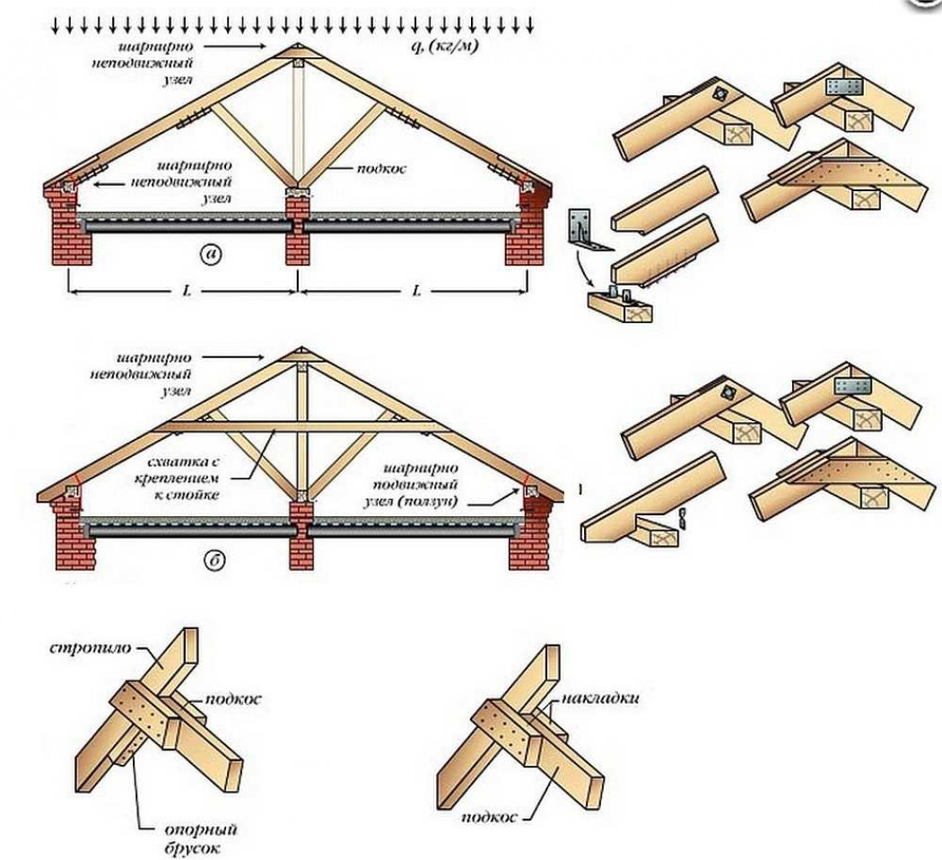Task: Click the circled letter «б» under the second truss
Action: (x=212, y=563)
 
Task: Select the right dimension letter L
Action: (x=416, y=290)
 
